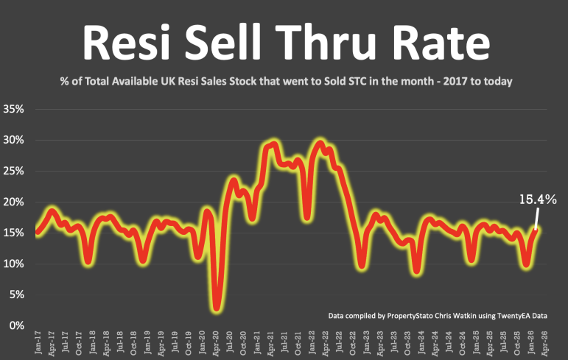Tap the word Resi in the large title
tap(119, 43)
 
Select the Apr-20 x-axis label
tap(217, 343)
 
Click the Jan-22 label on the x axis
tap(312, 343)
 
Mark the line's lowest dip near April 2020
tap(217, 307)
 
